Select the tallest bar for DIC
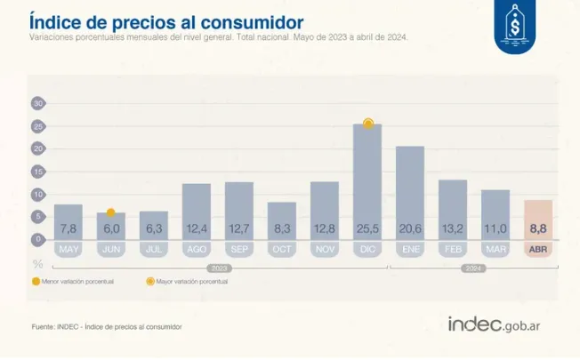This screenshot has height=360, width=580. point(367,178)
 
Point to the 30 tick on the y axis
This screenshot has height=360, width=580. point(37,103)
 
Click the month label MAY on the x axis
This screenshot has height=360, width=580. point(68,250)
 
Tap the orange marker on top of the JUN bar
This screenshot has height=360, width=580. point(111,212)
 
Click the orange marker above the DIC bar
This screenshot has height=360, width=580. point(367,124)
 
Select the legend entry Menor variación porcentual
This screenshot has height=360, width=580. point(71,281)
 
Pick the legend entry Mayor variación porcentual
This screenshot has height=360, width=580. point(186,281)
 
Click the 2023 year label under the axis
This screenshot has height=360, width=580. point(220,266)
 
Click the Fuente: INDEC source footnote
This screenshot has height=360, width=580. point(106,327)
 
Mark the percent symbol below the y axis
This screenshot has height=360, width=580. point(37,263)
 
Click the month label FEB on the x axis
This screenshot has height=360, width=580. point(453,250)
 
